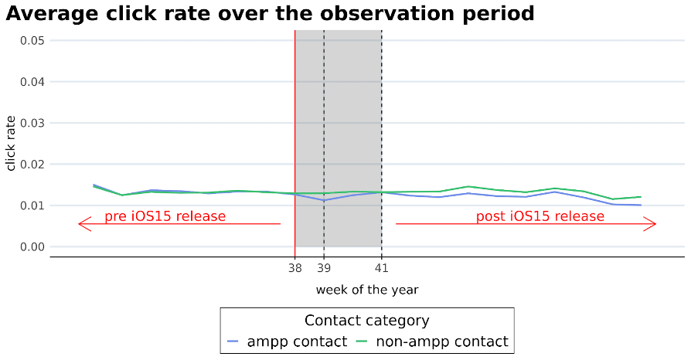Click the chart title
click(x=270, y=14)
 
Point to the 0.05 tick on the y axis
click(x=32, y=41)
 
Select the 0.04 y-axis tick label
click(x=32, y=82)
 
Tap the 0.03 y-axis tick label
click(x=32, y=123)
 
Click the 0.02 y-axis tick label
click(x=32, y=165)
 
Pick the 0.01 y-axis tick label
click(x=32, y=205)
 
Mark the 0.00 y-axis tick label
click(x=32, y=246)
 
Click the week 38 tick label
click(x=294, y=268)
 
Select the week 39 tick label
click(x=324, y=268)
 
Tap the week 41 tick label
click(x=382, y=268)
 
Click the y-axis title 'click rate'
click(x=11, y=143)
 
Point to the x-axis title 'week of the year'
click(x=367, y=290)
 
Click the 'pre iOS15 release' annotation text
click(x=165, y=216)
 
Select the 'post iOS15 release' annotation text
click(x=540, y=216)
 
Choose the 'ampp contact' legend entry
click(x=288, y=341)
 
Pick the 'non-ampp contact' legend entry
click(x=432, y=341)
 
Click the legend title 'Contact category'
click(x=366, y=321)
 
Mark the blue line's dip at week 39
click(x=324, y=201)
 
